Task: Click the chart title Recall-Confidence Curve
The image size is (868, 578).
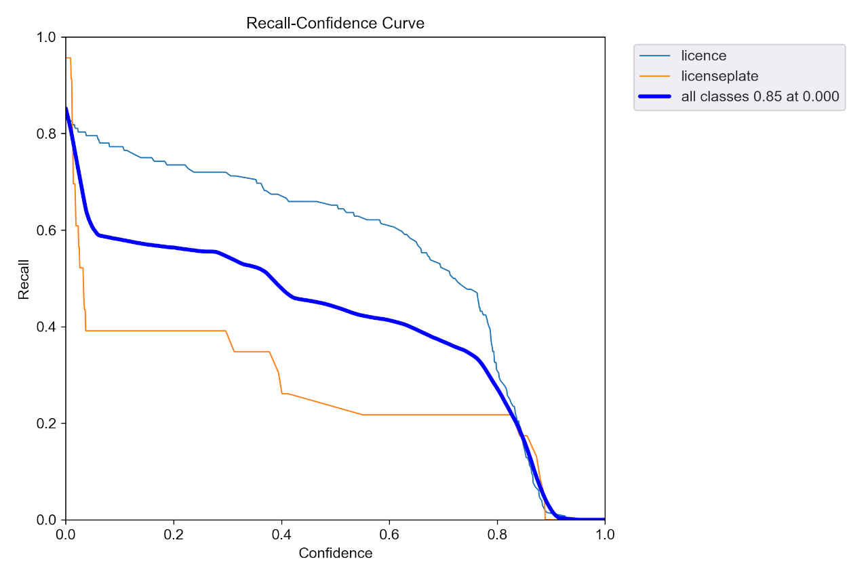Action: pyautogui.click(x=335, y=23)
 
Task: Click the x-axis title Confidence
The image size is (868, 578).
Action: pyautogui.click(x=335, y=553)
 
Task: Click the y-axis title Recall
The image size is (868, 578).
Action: pyautogui.click(x=24, y=278)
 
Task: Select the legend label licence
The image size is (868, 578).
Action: pyautogui.click(x=703, y=56)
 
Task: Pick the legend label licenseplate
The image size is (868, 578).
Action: pyautogui.click(x=719, y=76)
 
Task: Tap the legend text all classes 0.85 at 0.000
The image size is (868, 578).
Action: pyautogui.click(x=759, y=97)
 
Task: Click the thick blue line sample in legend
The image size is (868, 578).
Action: pyautogui.click(x=654, y=97)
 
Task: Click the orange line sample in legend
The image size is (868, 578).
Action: pyautogui.click(x=654, y=76)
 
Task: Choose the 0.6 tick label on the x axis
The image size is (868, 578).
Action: pyautogui.click(x=389, y=534)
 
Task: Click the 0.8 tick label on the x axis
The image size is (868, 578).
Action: pyautogui.click(x=497, y=534)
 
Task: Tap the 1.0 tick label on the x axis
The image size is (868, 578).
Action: pyautogui.click(x=605, y=534)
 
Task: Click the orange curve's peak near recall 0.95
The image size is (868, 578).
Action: pyautogui.click(x=68, y=58)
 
